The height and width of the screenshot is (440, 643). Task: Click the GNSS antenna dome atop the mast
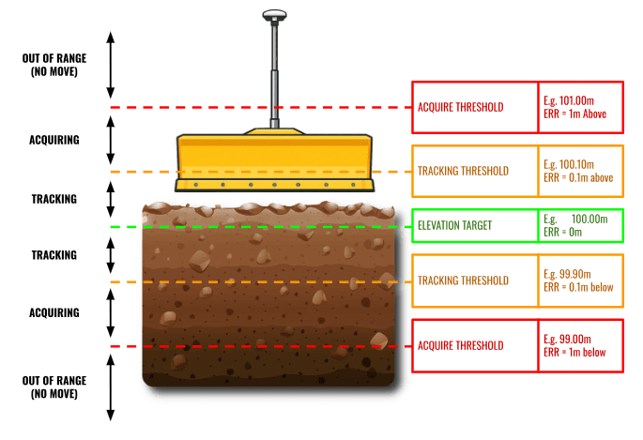(274, 16)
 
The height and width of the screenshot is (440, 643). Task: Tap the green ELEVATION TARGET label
(454, 225)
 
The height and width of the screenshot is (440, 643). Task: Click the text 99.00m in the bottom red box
(574, 339)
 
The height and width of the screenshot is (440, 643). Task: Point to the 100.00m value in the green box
(589, 219)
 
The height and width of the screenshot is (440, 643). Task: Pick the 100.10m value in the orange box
(576, 164)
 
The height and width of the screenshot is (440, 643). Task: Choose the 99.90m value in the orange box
(574, 274)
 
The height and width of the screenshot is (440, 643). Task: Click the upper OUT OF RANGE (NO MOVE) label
(54, 65)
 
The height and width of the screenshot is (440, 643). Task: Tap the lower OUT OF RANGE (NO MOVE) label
(54, 387)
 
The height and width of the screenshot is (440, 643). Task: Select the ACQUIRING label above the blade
(54, 140)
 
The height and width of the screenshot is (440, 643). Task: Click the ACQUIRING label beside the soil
(54, 313)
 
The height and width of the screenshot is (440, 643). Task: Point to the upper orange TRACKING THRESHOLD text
(463, 171)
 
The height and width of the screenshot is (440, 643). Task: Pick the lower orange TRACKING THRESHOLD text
(463, 281)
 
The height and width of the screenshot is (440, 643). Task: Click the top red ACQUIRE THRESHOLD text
(461, 107)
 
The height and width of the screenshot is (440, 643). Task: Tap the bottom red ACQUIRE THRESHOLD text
(461, 346)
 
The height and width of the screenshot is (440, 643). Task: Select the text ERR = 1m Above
(574, 114)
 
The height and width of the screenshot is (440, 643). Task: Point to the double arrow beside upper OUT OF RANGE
(111, 65)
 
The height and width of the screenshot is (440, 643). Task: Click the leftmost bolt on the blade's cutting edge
(196, 185)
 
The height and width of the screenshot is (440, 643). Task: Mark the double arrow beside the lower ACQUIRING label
(111, 313)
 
